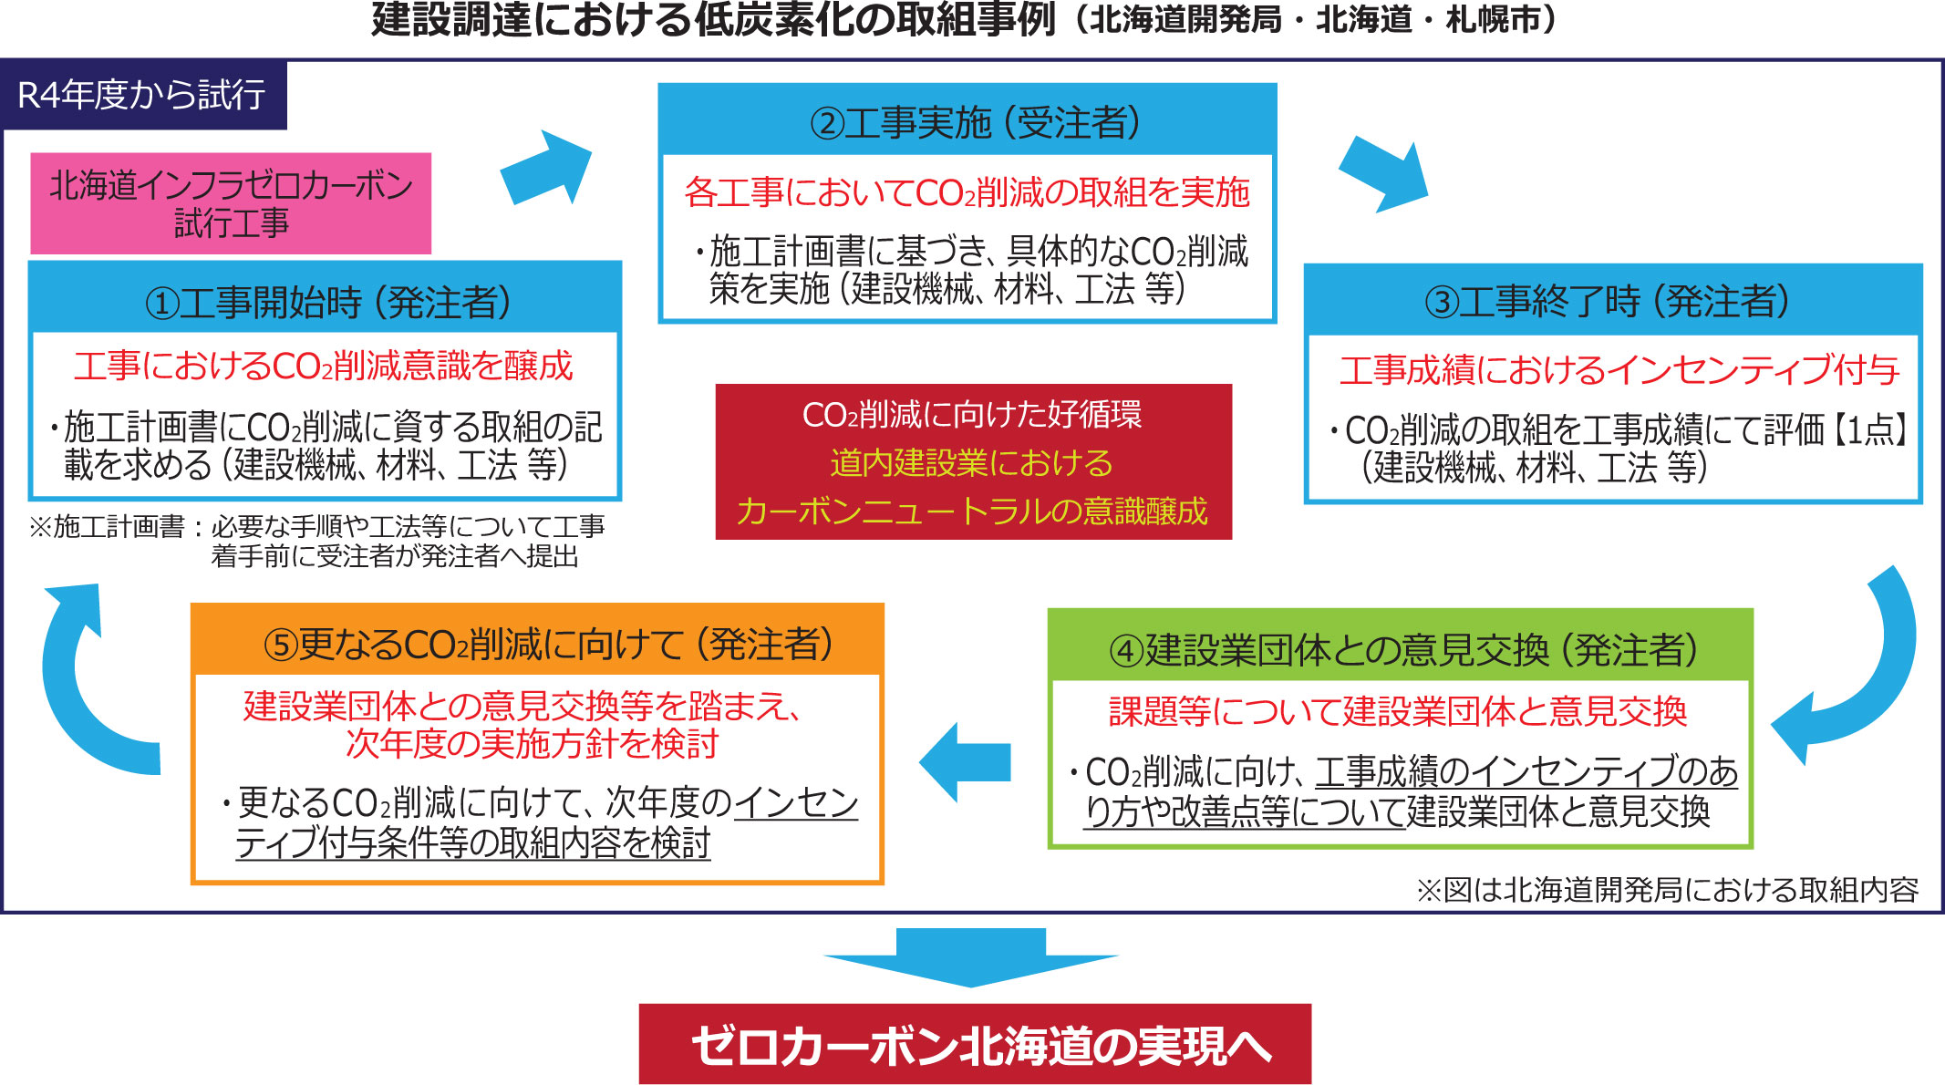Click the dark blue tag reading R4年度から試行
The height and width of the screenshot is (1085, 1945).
pos(144,95)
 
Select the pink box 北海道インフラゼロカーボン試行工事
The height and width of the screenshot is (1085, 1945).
pos(231,203)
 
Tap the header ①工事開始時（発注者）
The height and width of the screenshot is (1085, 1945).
pos(326,300)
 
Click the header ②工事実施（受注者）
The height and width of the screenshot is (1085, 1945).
pos(967,121)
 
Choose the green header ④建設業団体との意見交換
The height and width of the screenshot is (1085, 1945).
pos(1401,647)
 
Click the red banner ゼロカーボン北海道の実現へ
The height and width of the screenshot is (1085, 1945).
pos(975,1044)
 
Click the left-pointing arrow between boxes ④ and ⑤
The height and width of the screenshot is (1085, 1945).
pos(965,762)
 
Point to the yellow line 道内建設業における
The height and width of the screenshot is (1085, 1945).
pos(972,463)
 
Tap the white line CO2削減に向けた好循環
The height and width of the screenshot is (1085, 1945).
pos(972,415)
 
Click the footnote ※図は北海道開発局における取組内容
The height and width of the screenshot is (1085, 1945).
pos(1668,889)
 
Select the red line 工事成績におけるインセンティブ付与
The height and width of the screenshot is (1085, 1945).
pos(1619,369)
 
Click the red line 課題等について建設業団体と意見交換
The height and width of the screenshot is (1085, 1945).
pos(1398,711)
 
